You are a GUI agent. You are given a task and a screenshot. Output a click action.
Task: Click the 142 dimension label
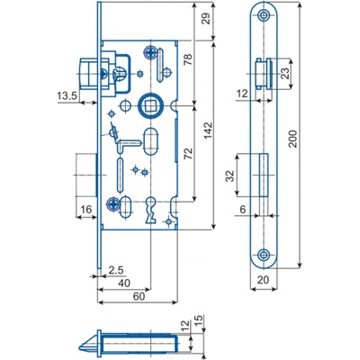coord(209,130)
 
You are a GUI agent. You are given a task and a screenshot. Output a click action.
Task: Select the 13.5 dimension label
coord(67,96)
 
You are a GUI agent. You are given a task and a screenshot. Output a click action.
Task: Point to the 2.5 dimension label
coord(116,270)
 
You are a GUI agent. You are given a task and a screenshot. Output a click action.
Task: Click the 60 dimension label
coord(139,296)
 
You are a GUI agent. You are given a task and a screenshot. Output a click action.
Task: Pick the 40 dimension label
coord(124,283)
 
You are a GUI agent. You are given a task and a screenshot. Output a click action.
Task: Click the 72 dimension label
coord(188,154)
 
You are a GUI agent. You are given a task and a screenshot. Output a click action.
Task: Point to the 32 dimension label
coord(229,176)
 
